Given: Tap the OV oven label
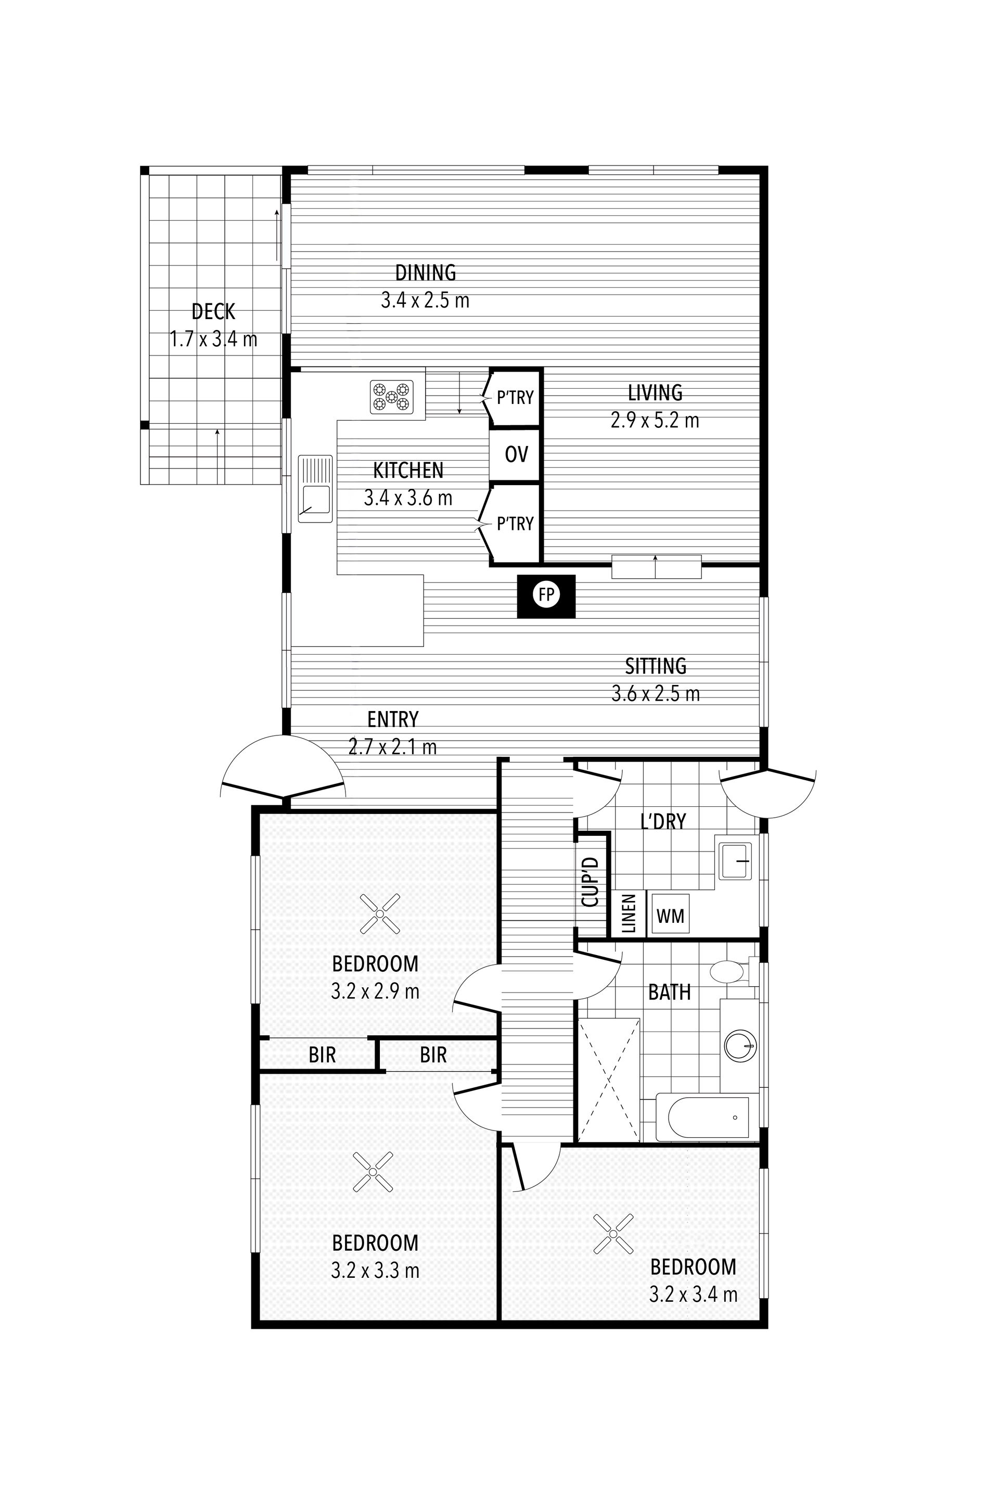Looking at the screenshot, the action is point(516,454).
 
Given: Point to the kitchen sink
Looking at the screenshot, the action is point(315,489).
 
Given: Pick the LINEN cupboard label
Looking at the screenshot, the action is point(629,914).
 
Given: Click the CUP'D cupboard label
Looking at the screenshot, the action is point(591,882).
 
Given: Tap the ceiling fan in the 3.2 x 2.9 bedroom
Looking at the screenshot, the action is point(380,914).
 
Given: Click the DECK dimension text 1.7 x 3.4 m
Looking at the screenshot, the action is point(213,339).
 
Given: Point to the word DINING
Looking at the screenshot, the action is point(426,273).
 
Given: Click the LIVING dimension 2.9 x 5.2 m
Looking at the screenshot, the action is point(655,421).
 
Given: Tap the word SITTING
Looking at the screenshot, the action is point(656,666).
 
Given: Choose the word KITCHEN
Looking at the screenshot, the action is point(408,471).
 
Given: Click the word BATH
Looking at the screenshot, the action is point(670,993).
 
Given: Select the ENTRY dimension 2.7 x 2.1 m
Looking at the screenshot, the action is point(392,746).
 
